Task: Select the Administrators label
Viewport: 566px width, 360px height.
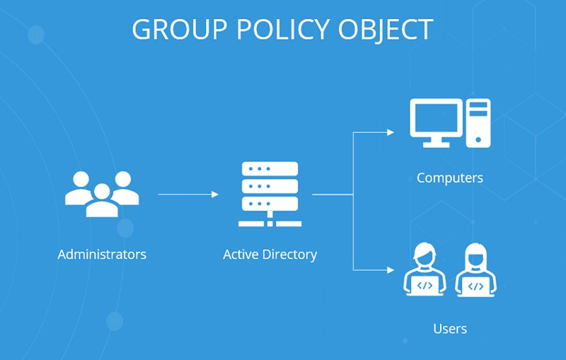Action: click(102, 254)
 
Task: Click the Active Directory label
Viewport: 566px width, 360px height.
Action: click(270, 254)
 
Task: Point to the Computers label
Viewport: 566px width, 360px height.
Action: click(449, 178)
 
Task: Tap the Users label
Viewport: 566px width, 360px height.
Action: click(449, 329)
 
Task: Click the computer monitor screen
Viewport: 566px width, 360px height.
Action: click(436, 117)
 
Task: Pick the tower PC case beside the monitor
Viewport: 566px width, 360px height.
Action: click(478, 122)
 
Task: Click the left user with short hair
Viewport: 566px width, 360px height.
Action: click(424, 269)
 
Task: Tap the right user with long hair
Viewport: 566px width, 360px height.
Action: click(475, 269)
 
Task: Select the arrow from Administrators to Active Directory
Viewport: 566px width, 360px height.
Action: click(187, 193)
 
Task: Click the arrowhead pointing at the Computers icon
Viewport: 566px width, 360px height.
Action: click(390, 132)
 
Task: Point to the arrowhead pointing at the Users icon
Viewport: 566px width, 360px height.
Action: click(390, 269)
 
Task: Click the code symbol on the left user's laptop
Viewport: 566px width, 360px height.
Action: click(424, 286)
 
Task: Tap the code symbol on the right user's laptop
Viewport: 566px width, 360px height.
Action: click(475, 286)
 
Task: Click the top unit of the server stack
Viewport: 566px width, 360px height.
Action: click(270, 170)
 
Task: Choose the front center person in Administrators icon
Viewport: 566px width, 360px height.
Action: click(103, 202)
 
